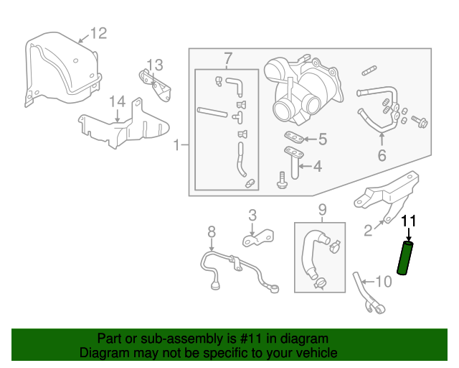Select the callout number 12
pos(98,32)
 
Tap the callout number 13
pos(156,65)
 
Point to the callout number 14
pos(118,101)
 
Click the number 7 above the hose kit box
pos(228,58)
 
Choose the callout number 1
pos(176,146)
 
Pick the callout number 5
pos(323,139)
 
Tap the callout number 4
pos(318,167)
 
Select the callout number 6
pos(382,155)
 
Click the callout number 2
pos(368,230)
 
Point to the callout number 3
pos(252,214)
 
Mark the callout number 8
pos(212,231)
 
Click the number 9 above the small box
pos(322,210)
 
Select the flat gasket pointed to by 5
pos(290,137)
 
